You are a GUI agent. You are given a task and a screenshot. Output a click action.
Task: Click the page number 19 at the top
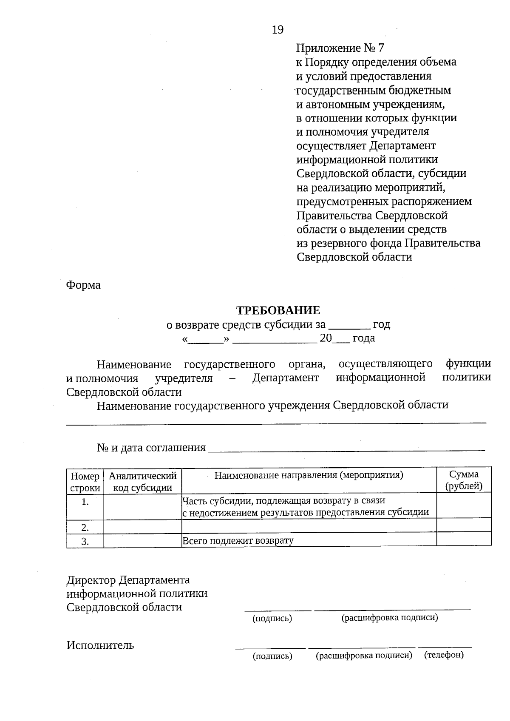[x=278, y=30]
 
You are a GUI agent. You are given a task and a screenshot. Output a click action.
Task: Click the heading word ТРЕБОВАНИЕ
[x=278, y=310]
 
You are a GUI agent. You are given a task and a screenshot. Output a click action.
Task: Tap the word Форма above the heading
[x=83, y=285]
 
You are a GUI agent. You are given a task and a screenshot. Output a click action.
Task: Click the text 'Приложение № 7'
[x=340, y=48]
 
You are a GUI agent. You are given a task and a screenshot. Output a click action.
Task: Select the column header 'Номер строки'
[x=85, y=482]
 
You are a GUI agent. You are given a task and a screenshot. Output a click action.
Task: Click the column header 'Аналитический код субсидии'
[x=142, y=482]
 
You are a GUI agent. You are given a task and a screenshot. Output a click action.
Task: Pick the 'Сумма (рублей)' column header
[x=464, y=480]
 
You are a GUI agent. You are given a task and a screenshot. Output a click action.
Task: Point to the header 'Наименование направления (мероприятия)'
[x=309, y=475]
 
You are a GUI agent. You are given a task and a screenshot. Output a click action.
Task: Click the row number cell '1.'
[x=85, y=502]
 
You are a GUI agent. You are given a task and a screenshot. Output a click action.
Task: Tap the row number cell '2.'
[x=85, y=528]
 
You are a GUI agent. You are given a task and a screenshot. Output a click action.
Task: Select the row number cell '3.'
[x=85, y=541]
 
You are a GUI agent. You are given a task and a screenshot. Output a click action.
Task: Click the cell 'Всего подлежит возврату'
[x=238, y=541]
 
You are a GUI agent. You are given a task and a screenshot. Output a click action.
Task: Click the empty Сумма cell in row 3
[x=464, y=539]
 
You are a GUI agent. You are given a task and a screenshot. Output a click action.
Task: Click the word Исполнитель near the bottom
[x=100, y=645]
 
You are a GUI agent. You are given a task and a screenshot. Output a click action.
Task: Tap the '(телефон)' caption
[x=444, y=655]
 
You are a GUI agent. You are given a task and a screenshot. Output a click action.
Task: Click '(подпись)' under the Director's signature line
[x=272, y=619]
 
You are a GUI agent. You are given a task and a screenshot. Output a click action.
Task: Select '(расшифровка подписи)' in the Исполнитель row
[x=364, y=656]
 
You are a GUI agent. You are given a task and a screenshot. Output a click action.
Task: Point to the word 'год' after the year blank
[x=381, y=325]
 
